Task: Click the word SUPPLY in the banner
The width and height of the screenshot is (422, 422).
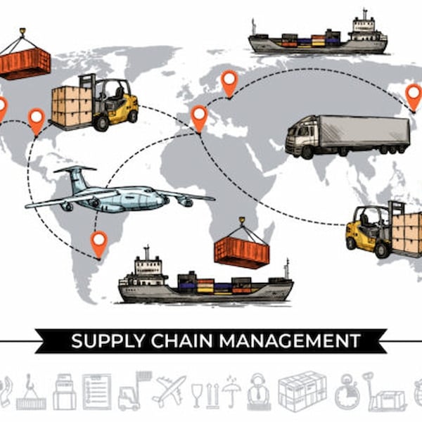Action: coord(108,340)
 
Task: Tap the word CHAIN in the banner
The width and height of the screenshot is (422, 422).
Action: coord(181,340)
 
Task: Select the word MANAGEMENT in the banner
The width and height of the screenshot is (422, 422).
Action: coord(290,340)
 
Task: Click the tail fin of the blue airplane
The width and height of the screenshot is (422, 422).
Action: coord(76,178)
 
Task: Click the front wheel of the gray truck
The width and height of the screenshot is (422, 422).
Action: coord(306,153)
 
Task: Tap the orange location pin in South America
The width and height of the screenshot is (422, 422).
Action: coord(99,244)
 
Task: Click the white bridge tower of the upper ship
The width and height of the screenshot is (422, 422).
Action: coord(364,27)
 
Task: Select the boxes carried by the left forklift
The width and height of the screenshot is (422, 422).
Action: coord(70,106)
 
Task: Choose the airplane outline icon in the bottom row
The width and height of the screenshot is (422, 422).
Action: coord(169,391)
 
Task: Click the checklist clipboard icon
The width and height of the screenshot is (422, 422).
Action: coord(96,392)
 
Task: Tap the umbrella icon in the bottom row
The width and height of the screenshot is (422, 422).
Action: coord(231,392)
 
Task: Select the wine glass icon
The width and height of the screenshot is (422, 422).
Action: coord(197,395)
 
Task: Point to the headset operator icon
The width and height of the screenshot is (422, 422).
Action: coord(258,392)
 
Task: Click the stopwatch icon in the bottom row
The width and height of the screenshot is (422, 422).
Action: coord(347,392)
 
